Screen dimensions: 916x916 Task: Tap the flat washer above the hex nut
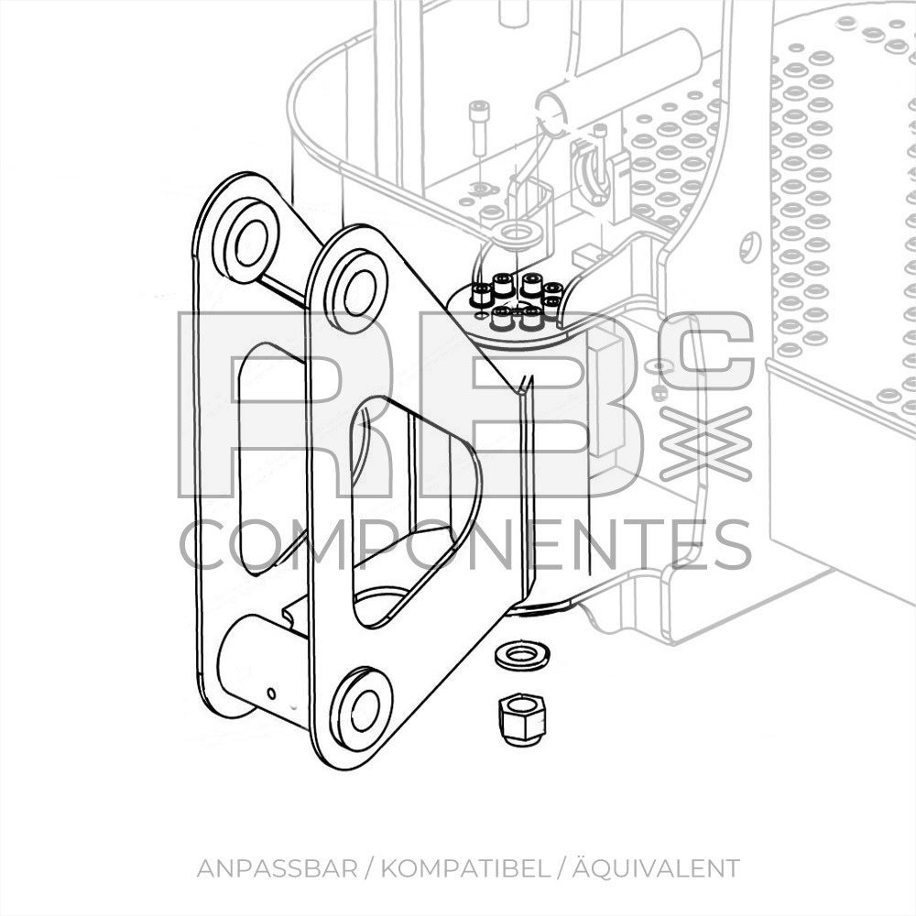[x=522, y=656]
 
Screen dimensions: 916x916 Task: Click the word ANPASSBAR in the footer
[x=277, y=868]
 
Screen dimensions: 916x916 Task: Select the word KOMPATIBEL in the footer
[x=465, y=868]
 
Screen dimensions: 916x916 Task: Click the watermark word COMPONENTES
[x=465, y=545]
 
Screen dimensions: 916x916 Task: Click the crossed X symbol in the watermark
[x=704, y=444]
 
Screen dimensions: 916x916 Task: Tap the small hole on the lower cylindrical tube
[x=271, y=693]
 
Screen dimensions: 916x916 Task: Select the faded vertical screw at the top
[x=477, y=129]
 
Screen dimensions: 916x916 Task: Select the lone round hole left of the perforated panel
[x=750, y=247]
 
